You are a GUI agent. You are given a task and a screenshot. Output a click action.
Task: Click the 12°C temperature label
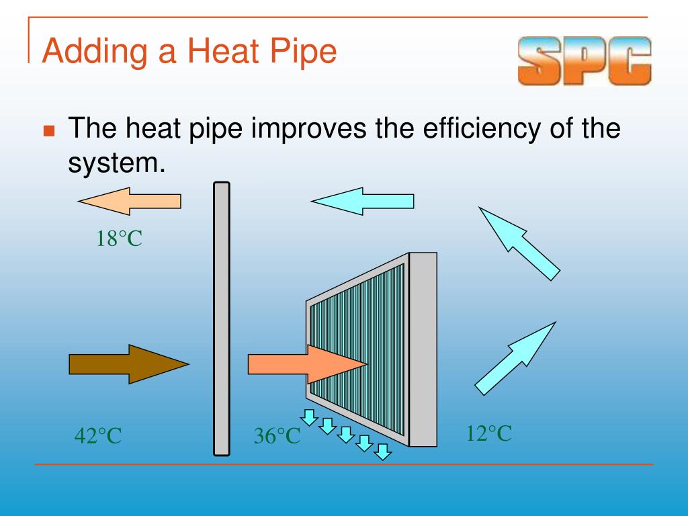coord(489,433)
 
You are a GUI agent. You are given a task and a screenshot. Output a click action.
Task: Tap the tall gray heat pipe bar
coord(221,318)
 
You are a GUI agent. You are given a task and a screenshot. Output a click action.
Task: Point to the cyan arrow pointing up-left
coord(518,243)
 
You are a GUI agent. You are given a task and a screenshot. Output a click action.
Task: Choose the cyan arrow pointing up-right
coord(517,357)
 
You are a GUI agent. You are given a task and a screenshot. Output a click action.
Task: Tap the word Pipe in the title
coord(302,52)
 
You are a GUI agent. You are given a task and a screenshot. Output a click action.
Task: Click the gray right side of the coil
coord(423,349)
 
